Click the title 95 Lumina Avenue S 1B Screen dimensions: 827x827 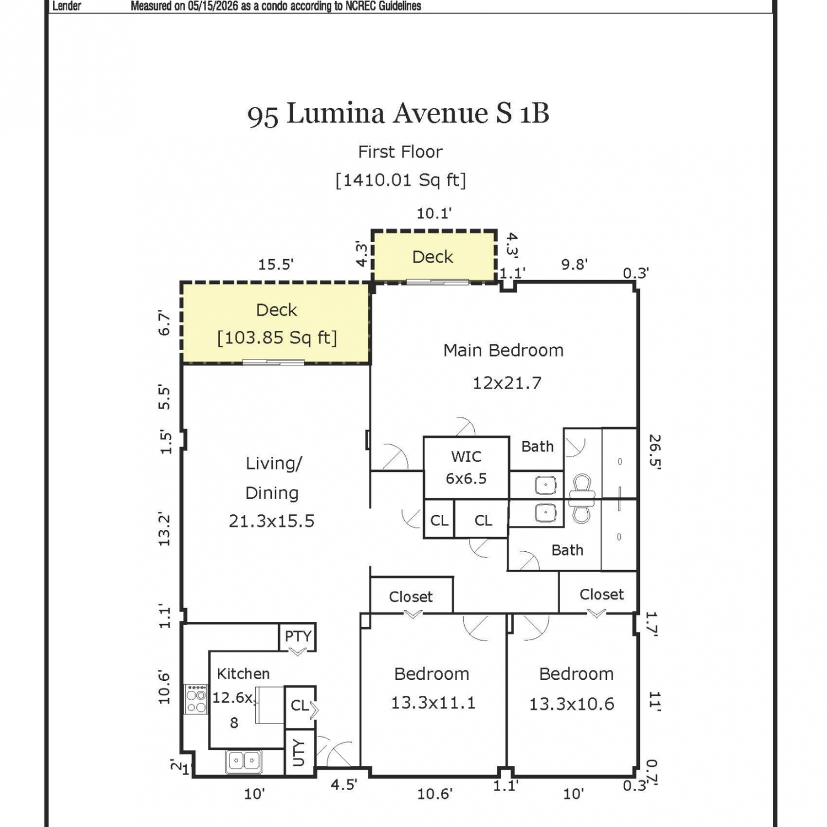[398, 114]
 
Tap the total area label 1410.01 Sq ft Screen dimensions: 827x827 [401, 180]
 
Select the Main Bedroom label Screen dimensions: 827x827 [503, 350]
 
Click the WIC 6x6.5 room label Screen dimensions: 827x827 [466, 467]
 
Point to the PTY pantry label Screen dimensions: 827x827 [298, 636]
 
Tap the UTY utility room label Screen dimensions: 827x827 [299, 753]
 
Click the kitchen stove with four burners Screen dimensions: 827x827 [196, 699]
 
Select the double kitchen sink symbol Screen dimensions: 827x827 [244, 761]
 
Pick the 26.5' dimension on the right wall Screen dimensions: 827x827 [654, 451]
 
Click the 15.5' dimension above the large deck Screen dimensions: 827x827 [276, 265]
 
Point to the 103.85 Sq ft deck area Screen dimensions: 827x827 [277, 337]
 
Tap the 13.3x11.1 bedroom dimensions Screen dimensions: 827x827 [433, 703]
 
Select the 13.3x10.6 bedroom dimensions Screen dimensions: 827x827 [572, 704]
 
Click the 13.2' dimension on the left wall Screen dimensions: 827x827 [164, 529]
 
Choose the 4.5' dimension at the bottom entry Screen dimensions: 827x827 [344, 785]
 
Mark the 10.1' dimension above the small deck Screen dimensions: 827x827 [434, 213]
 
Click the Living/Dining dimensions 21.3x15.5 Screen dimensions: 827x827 [271, 521]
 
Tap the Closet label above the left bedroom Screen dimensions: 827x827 [411, 597]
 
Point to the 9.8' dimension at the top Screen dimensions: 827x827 [574, 264]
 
